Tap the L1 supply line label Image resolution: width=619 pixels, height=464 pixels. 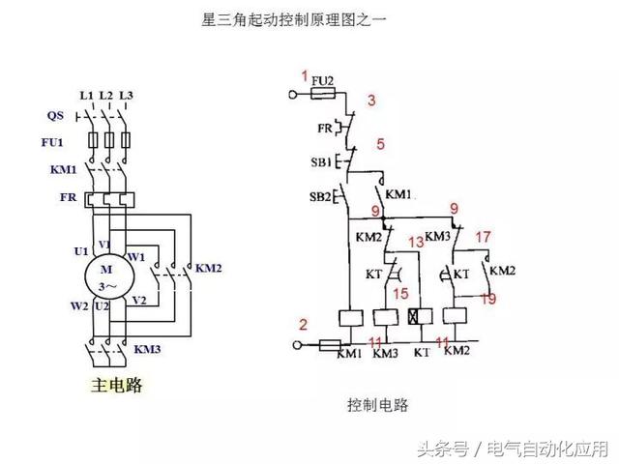pos(86,95)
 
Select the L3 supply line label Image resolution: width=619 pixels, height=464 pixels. pos(125,95)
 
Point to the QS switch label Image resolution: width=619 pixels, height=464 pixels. pos(56,116)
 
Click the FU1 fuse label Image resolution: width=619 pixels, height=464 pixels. pos(57,142)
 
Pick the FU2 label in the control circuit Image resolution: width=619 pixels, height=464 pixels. pos(324,78)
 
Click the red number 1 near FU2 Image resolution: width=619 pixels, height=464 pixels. pos(305,75)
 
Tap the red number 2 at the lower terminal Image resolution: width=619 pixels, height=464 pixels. pos(303,324)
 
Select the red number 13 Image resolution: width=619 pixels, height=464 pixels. pos(416,243)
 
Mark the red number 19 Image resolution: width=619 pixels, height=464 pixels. pos(489,300)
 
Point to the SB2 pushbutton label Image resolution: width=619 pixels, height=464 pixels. pos(321,197)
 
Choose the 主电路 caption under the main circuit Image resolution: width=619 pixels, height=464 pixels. pos(114,386)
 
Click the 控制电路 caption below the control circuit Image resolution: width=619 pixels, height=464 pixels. pos(378,405)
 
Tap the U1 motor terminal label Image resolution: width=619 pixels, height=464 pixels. pos(81,251)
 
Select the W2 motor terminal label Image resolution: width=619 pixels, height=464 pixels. pos(80,306)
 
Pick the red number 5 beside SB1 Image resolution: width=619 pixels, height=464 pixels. pos(380,144)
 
